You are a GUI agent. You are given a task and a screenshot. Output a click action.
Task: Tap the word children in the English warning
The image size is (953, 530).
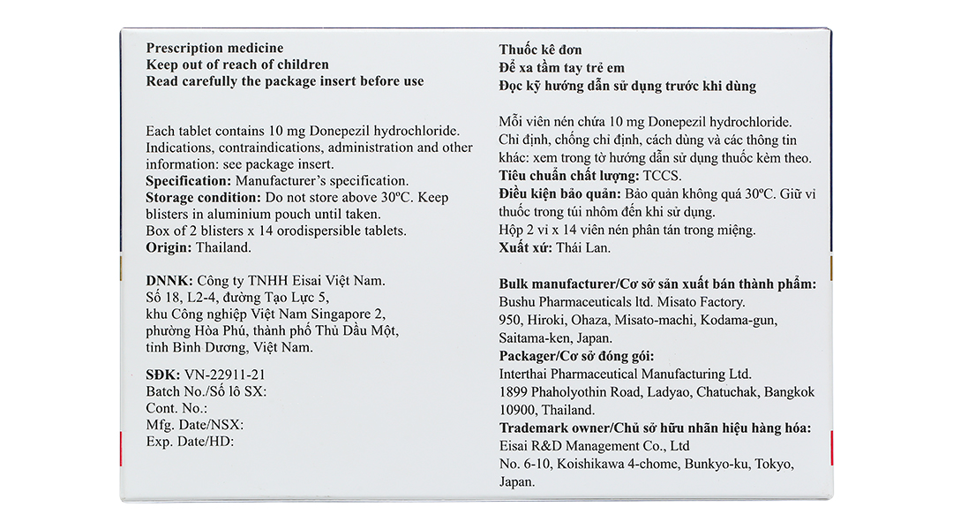(x=297, y=64)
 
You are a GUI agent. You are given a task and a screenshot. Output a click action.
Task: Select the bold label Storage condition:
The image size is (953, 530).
(x=204, y=197)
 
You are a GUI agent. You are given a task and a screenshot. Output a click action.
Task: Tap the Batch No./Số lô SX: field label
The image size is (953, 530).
(x=206, y=391)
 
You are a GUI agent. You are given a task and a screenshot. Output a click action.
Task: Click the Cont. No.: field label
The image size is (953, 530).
(x=176, y=408)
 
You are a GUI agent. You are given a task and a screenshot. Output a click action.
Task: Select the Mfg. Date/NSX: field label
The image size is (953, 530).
(x=194, y=425)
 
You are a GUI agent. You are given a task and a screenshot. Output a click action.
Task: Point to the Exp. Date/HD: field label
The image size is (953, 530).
(x=190, y=442)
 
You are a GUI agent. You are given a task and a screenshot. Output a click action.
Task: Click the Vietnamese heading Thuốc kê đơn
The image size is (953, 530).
(x=540, y=49)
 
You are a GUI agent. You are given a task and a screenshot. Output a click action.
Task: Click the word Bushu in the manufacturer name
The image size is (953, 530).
(x=520, y=302)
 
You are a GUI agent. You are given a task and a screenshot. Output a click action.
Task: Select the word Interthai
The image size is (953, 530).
(x=526, y=375)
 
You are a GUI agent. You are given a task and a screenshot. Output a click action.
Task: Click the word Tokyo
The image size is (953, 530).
(x=773, y=464)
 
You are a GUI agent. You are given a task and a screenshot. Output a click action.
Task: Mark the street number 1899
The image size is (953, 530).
(x=515, y=392)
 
